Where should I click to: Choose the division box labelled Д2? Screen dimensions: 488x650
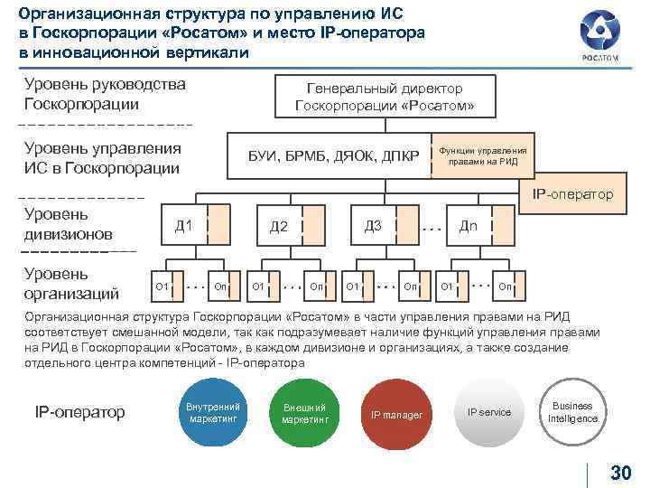[x=279, y=226]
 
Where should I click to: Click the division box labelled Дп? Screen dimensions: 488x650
[x=469, y=225]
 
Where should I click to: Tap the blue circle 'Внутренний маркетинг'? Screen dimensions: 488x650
[x=213, y=414]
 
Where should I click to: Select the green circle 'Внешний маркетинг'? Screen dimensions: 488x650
[x=304, y=414]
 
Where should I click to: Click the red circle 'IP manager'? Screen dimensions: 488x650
[x=396, y=414]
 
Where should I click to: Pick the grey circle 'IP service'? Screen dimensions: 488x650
[x=488, y=413]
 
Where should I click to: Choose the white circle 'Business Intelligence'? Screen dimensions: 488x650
[x=572, y=413]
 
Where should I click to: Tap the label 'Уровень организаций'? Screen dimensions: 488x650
[x=59, y=283]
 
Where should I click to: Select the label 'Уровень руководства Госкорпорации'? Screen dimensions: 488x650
[x=104, y=94]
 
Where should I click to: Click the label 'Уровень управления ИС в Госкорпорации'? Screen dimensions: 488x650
[x=102, y=158]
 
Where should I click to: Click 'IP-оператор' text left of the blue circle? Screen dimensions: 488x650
[x=79, y=412]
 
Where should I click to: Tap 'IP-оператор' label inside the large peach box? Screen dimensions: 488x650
[x=572, y=194]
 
